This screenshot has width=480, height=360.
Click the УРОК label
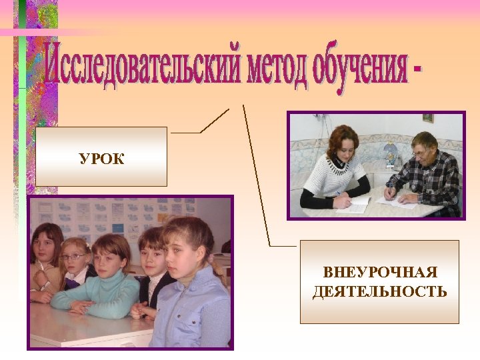[x=101, y=159]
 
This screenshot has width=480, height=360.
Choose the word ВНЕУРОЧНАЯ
[x=380, y=273]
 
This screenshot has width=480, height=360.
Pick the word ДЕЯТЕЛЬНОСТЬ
[x=380, y=292]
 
